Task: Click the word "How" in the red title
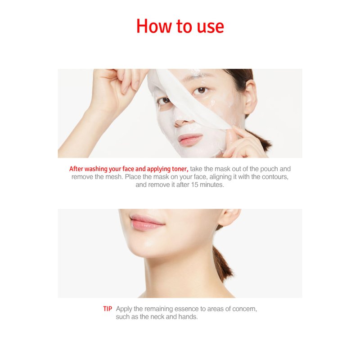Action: [x=154, y=26]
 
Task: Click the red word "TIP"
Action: [x=108, y=309]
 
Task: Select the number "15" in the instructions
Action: [x=194, y=185]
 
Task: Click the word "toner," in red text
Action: [x=180, y=169]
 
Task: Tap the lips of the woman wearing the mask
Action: [x=190, y=139]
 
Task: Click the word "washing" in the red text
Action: [x=96, y=169]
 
